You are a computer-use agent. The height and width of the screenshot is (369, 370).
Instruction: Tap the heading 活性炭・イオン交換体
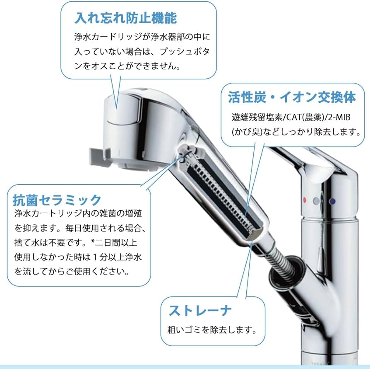point(292,98)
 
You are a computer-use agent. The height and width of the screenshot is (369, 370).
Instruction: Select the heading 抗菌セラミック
point(57,200)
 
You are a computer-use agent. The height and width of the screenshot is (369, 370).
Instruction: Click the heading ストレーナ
point(199,310)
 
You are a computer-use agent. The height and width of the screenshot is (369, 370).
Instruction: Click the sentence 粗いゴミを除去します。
point(210,330)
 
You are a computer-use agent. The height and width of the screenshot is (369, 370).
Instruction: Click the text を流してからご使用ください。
point(71,272)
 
